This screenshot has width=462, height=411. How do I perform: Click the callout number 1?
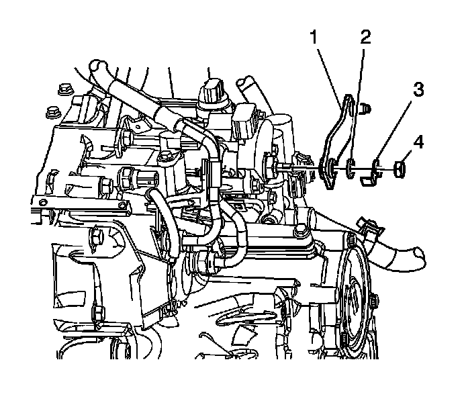pyautogui.click(x=314, y=38)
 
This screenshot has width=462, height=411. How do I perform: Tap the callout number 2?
pyautogui.click(x=365, y=37)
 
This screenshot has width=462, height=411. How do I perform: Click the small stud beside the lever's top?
pyautogui.click(x=365, y=106)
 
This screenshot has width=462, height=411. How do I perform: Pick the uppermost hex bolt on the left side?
pyautogui.click(x=65, y=88)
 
